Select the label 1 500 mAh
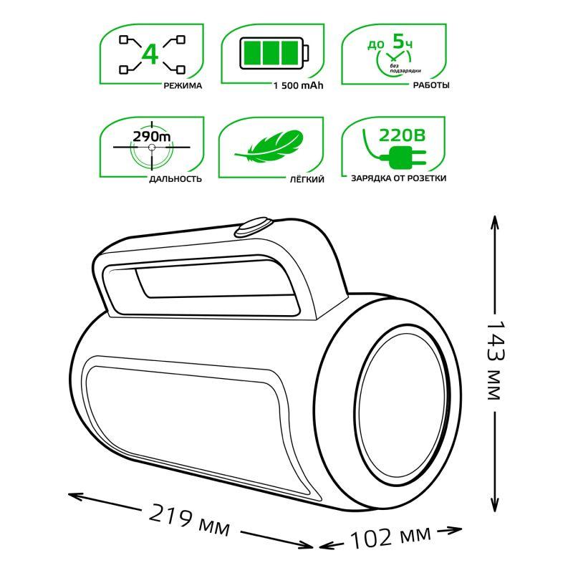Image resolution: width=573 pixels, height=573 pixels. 297,86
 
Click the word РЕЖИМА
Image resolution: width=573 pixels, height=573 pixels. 183,86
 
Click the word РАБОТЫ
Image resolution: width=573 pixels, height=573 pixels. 431,86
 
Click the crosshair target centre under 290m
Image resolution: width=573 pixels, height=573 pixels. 151,148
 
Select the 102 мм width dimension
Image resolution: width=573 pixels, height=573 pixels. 390,536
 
